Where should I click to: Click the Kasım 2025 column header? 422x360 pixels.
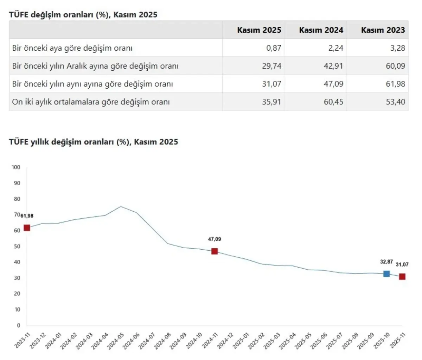[x=259, y=30]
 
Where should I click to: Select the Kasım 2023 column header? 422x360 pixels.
[x=383, y=30]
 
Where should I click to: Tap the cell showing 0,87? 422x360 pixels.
[x=274, y=48]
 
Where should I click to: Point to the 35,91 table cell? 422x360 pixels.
[x=271, y=102]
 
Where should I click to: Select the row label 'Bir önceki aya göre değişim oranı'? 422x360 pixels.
[x=72, y=48]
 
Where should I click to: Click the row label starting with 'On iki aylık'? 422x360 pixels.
[x=91, y=102]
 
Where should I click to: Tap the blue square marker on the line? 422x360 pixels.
[x=386, y=274]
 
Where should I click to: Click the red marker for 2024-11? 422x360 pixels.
[x=215, y=251]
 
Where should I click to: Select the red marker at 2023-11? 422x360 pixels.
[x=27, y=228]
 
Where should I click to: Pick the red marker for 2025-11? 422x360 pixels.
[x=402, y=277]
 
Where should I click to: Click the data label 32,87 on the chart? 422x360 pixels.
[x=386, y=262]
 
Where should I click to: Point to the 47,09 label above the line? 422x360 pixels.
[x=215, y=239]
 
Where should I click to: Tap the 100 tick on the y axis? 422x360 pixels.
[x=16, y=167]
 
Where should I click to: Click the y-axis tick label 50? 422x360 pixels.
[x=17, y=246]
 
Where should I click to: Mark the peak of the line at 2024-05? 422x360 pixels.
[x=121, y=206]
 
